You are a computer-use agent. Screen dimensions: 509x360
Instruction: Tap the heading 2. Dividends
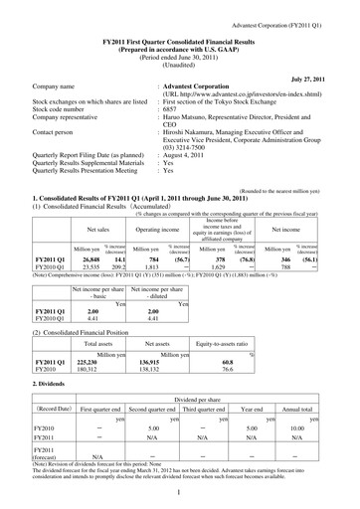click(54, 383)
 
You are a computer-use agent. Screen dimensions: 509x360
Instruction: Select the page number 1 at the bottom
click(178, 492)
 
